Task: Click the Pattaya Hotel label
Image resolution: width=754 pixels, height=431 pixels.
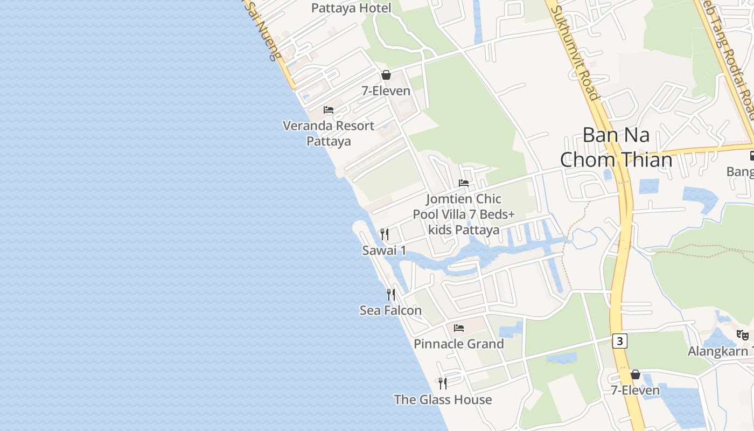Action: tap(351, 8)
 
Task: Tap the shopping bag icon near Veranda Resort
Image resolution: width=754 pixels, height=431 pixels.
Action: tap(386, 75)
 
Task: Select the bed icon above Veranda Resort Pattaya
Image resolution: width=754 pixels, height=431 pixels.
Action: tap(329, 110)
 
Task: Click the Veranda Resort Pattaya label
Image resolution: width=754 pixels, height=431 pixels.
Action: tap(329, 133)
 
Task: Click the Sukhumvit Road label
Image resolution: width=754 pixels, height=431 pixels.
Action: tap(576, 54)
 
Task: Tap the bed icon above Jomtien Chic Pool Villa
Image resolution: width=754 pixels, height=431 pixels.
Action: tap(464, 183)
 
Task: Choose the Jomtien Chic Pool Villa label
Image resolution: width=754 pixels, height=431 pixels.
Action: tap(464, 214)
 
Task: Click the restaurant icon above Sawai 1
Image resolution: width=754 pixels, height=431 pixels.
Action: tap(385, 234)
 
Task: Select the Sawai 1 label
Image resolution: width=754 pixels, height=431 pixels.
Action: tap(384, 251)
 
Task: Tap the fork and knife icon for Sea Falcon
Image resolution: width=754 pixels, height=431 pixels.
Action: tap(391, 295)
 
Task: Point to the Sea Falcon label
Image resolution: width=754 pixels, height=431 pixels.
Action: tap(390, 310)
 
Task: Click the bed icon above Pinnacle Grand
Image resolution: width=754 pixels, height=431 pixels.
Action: tap(459, 328)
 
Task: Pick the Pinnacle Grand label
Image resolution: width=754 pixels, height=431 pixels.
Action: tap(459, 344)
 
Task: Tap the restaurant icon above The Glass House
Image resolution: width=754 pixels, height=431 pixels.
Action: tap(443, 384)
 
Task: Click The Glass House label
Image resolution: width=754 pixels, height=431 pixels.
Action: tap(443, 400)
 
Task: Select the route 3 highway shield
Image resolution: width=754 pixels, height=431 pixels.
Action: tap(620, 341)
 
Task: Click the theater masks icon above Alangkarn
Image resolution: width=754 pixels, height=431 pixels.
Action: tap(743, 335)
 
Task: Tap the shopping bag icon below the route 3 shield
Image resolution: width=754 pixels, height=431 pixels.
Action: tap(636, 374)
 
